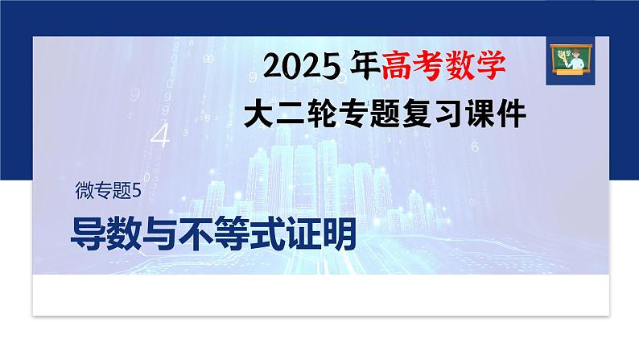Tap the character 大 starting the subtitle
[262, 114]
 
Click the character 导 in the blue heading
[87, 234]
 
